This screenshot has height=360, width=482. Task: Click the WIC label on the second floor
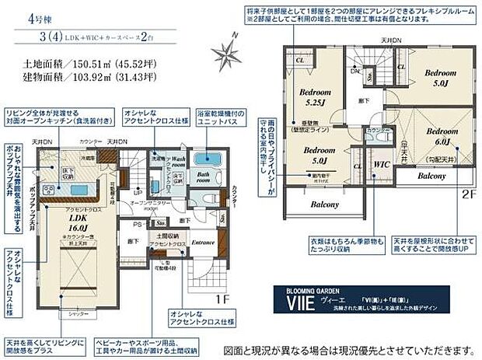click(380, 166)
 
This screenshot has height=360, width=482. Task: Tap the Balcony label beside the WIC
click(431, 177)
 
